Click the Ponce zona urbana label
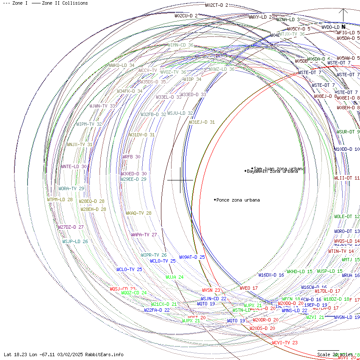[238, 200]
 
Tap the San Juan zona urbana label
[278, 169]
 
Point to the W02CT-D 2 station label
[216, 5]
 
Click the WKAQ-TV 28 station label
[138, 213]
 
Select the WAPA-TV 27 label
[144, 235]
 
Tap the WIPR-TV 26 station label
[154, 255]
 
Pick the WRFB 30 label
[131, 157]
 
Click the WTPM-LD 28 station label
[60, 199]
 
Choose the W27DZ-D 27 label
[71, 227]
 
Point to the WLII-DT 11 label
[347, 178]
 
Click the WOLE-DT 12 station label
[347, 216]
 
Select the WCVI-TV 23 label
[285, 343]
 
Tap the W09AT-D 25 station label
[192, 257]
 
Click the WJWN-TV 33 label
[102, 106]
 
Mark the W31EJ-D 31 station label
[202, 122]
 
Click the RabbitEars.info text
[104, 354]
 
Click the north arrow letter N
[343, 27]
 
